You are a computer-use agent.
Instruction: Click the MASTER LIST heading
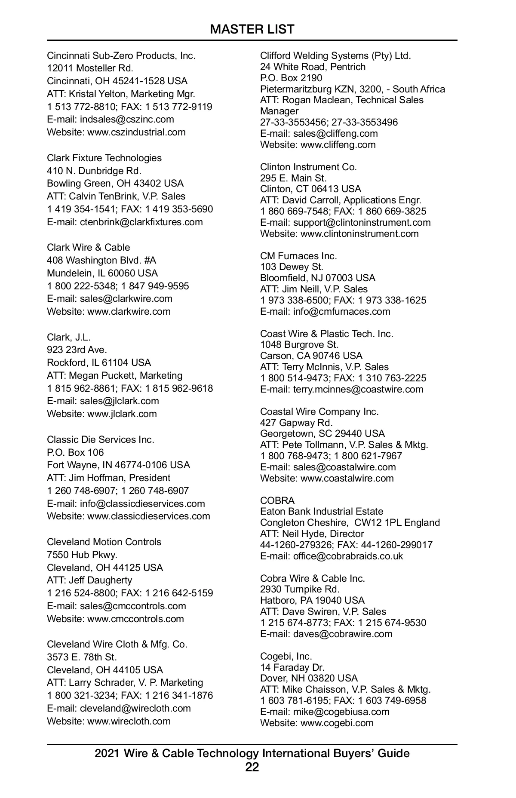[x=252, y=29]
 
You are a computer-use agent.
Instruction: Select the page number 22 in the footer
[x=252, y=767]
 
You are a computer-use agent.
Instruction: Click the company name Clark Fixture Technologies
[x=104, y=158]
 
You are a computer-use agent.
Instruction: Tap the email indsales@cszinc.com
[x=127, y=119]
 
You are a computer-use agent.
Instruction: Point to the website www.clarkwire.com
[x=129, y=311]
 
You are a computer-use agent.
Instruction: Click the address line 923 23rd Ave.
[x=77, y=350]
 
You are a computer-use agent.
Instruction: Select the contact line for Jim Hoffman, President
[x=108, y=478]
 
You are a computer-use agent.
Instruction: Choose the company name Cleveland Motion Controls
[x=104, y=542]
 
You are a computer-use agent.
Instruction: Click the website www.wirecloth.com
[x=129, y=721]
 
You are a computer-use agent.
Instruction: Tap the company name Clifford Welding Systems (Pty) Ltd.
[x=335, y=55]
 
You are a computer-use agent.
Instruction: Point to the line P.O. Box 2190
[x=291, y=78]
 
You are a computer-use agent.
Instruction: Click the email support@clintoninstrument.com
[x=362, y=222]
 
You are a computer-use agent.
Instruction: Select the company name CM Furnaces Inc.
[x=298, y=256]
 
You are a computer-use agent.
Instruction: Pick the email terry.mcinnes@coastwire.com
[x=358, y=389]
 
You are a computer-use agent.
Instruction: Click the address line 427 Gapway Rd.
[x=296, y=423]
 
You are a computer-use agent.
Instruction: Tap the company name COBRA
[x=277, y=500]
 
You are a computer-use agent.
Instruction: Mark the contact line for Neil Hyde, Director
[x=312, y=534]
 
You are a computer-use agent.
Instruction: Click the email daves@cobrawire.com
[x=343, y=634]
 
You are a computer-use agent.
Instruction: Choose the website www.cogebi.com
[x=337, y=723]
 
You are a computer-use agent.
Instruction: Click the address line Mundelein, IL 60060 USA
[x=102, y=273]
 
